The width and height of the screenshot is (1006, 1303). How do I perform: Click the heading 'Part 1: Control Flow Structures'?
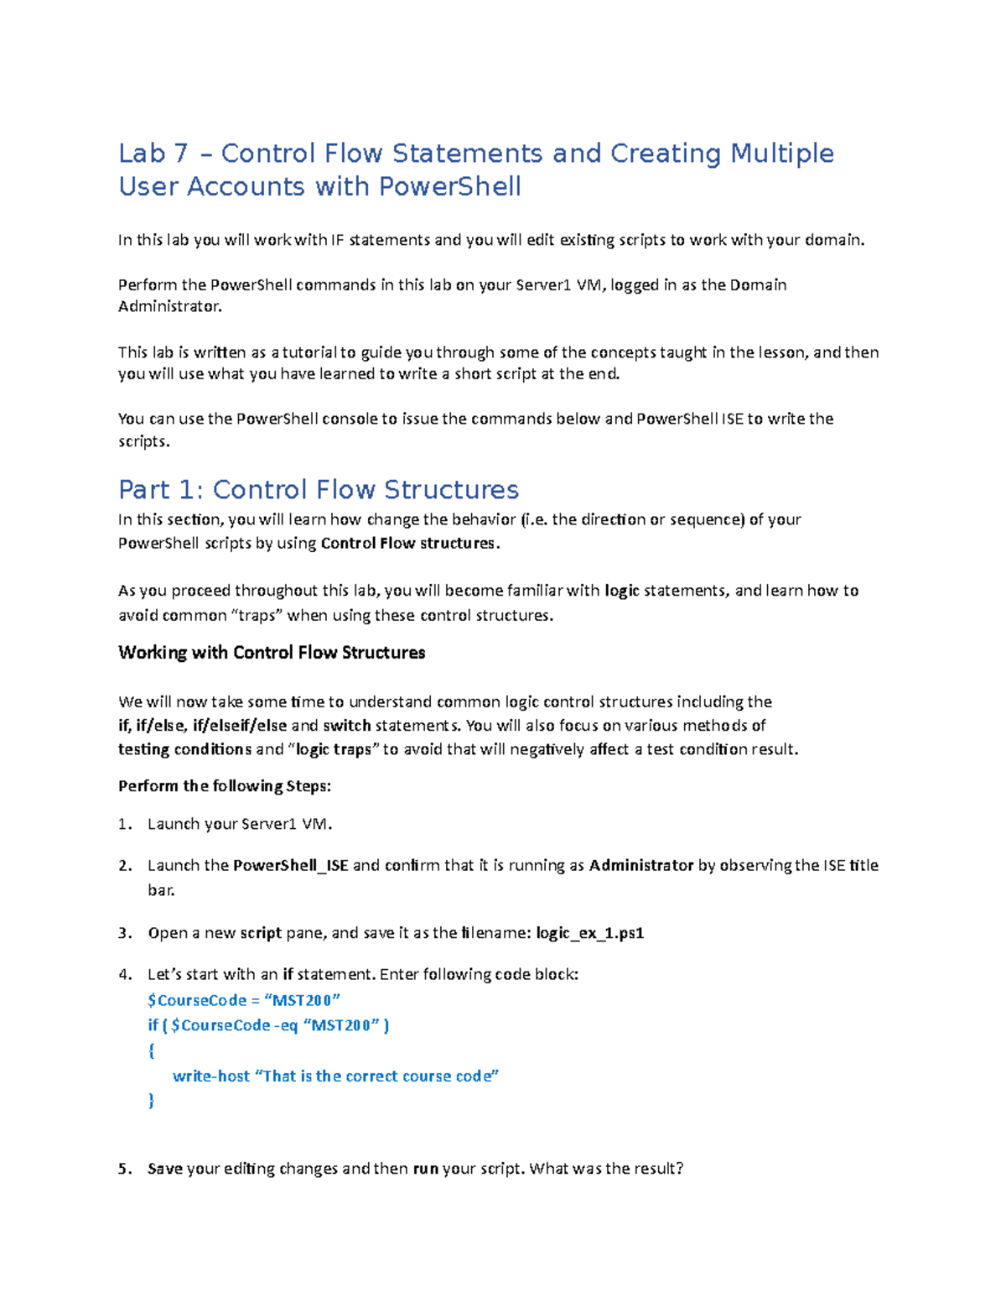(x=319, y=489)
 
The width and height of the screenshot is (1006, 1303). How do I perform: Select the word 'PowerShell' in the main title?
(x=449, y=186)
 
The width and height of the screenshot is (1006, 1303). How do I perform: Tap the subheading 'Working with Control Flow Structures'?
(x=272, y=653)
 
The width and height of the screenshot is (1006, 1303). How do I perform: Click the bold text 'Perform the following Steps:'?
(x=225, y=786)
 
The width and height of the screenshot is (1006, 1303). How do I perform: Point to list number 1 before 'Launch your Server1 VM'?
(x=125, y=825)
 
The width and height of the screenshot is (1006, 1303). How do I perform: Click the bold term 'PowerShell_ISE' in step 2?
(x=290, y=866)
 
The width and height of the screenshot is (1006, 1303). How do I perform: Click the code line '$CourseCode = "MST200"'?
(x=244, y=1000)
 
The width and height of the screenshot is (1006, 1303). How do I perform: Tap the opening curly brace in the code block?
(x=151, y=1050)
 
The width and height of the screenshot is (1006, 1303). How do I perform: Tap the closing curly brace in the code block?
(x=151, y=1101)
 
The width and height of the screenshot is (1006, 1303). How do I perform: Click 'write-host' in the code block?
(x=210, y=1076)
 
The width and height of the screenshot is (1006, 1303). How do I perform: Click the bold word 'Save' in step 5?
(x=164, y=1169)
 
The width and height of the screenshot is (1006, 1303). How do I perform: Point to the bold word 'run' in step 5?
(x=426, y=1169)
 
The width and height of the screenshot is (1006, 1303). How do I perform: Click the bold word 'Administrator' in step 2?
(x=641, y=866)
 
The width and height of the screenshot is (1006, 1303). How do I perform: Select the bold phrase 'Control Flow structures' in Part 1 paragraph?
(x=408, y=544)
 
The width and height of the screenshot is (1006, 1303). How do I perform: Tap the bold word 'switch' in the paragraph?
(x=346, y=726)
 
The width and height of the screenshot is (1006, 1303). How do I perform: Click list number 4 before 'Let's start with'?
(x=125, y=975)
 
